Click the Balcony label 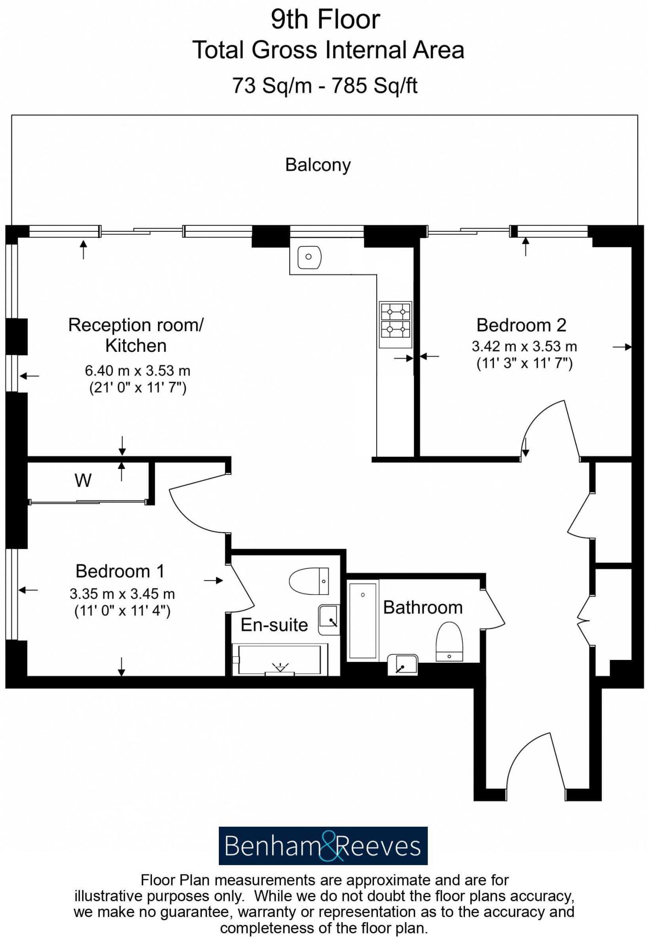[318, 165]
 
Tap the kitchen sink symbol [309, 257]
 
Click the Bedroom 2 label [521, 325]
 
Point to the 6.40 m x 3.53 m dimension [137, 370]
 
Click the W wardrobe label [83, 480]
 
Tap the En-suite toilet [309, 581]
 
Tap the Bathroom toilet [449, 641]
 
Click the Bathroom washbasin [403, 665]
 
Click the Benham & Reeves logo [323, 846]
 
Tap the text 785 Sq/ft [374, 85]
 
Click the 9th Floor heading [325, 19]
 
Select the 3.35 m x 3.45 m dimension [122, 594]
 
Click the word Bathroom [422, 608]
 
